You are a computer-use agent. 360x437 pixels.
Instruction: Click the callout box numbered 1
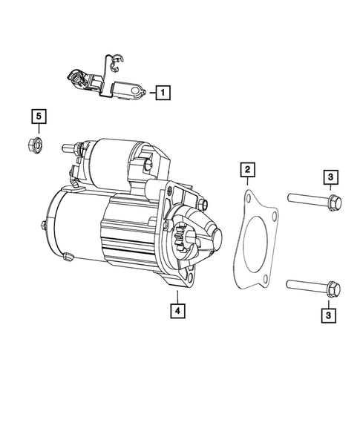click(x=162, y=93)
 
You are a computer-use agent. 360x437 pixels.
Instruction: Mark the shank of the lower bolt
click(x=303, y=285)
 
